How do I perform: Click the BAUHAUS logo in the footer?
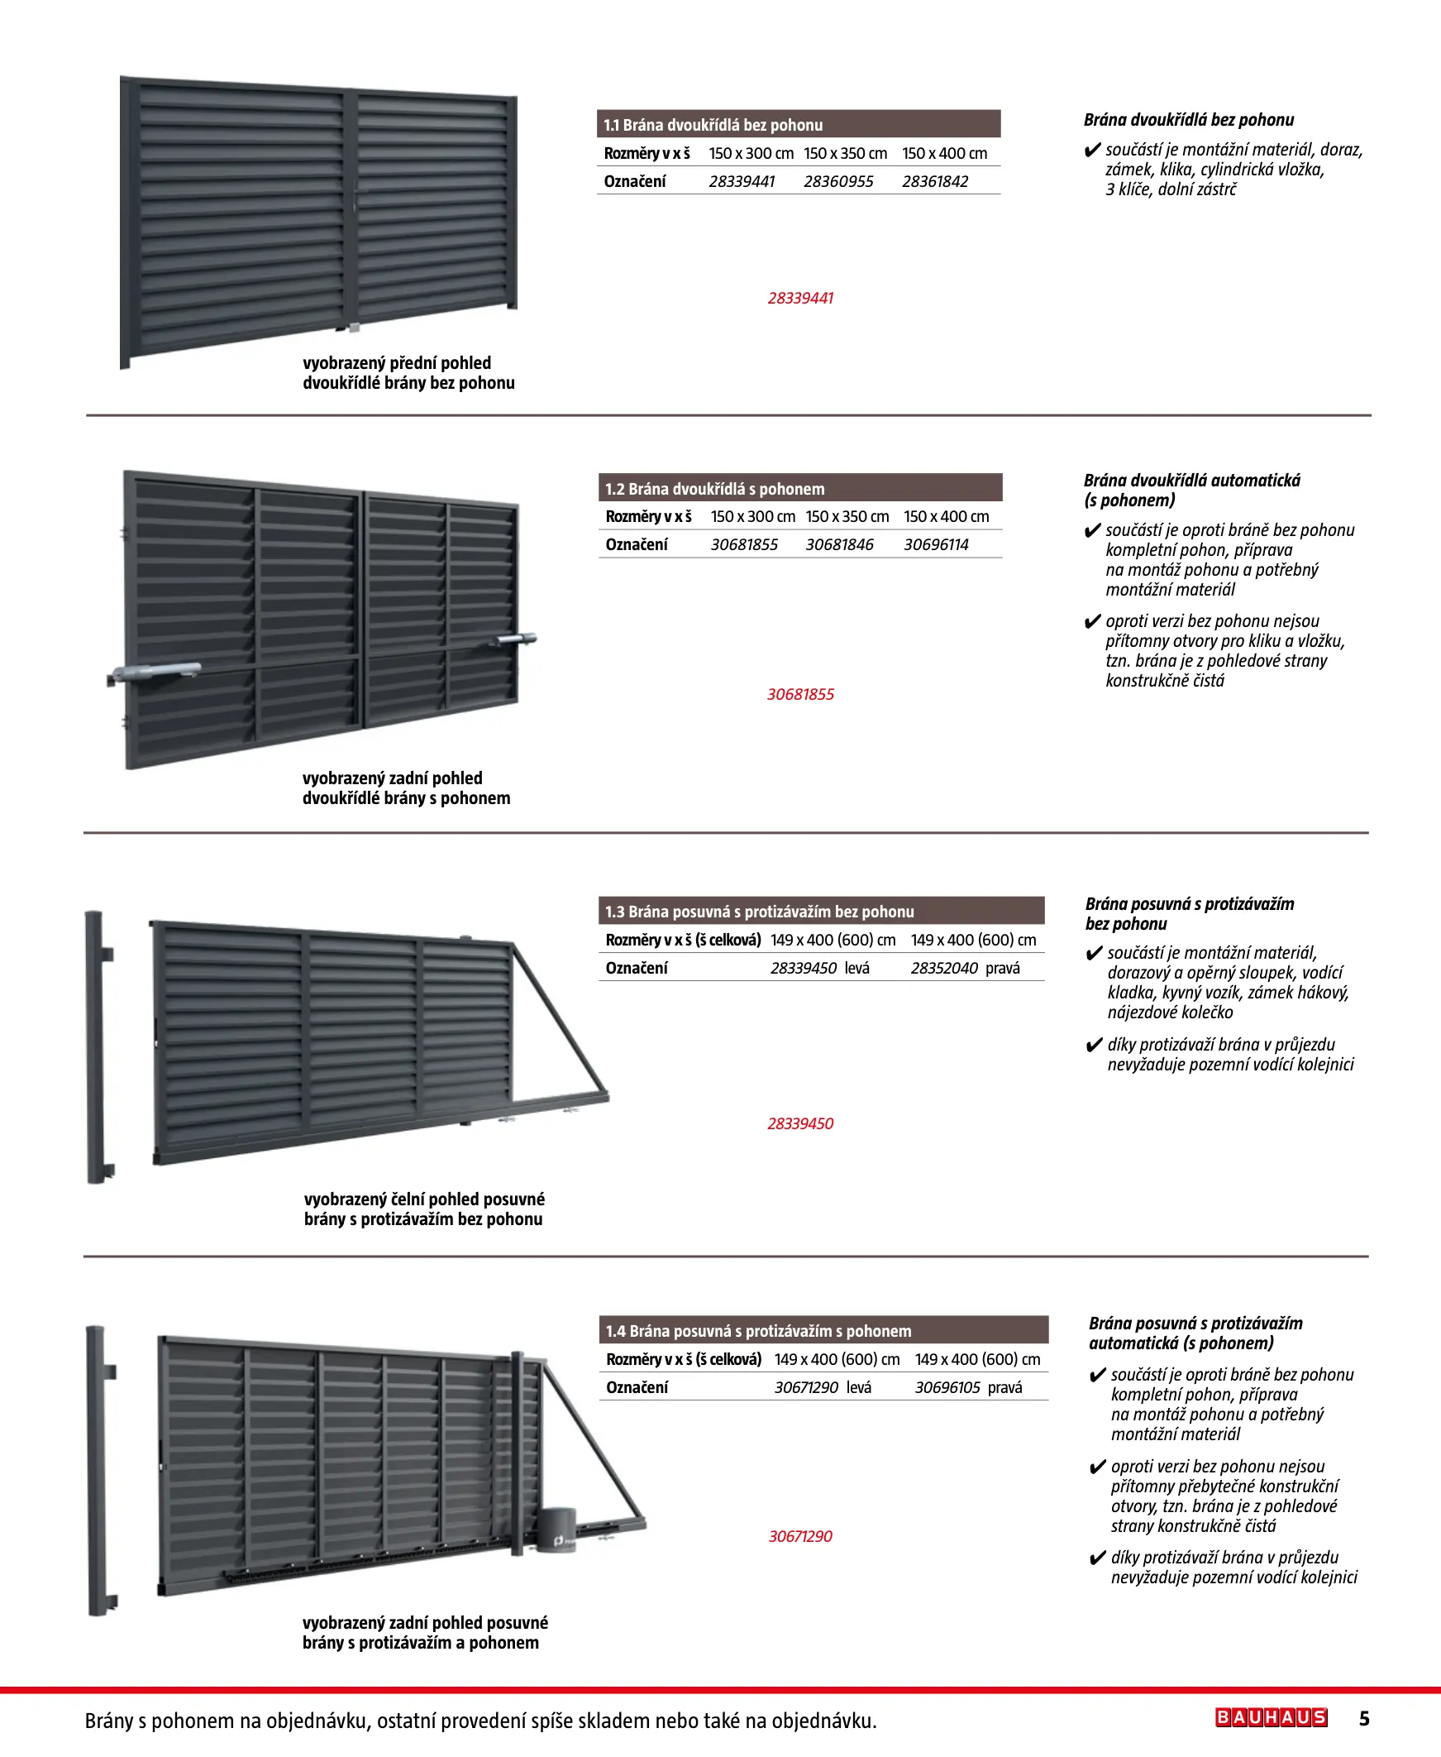(x=1270, y=1717)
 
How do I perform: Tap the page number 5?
(x=1364, y=1718)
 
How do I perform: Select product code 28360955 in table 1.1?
(x=838, y=182)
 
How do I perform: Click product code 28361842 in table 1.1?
(x=935, y=182)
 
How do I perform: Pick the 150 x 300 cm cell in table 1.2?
(x=752, y=516)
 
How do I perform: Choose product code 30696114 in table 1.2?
(x=936, y=544)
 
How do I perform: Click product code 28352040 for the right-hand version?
(x=944, y=968)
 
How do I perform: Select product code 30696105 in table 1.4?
(x=947, y=1387)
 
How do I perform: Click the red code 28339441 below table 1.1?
(x=800, y=298)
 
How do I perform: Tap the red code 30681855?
(x=800, y=694)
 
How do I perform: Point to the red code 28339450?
(x=800, y=1123)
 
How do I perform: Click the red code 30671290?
(x=800, y=1536)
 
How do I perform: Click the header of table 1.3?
(x=821, y=911)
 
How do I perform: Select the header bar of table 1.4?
(x=823, y=1330)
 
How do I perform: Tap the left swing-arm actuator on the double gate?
(x=155, y=671)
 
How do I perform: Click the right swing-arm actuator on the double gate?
(x=517, y=639)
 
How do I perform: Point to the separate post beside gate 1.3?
(x=97, y=1046)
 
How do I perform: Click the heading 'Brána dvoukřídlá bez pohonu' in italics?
(x=1188, y=120)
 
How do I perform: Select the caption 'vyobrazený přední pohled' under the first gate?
(x=397, y=363)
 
